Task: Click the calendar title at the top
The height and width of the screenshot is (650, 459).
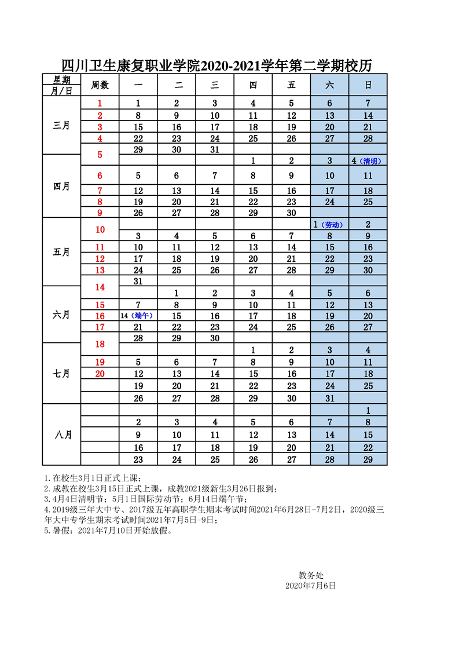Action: click(216, 65)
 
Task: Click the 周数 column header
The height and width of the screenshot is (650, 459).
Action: click(100, 85)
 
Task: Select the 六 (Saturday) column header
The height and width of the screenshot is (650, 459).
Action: click(329, 85)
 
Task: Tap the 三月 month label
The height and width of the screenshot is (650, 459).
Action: click(61, 125)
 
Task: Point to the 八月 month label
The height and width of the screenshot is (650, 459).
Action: click(61, 434)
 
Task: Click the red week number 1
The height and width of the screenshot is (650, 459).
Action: click(100, 104)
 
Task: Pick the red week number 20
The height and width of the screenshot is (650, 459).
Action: click(100, 374)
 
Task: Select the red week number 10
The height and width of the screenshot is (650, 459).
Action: click(100, 229)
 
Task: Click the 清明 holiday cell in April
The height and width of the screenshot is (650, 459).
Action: click(368, 161)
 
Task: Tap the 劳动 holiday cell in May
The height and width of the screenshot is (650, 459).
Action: click(329, 224)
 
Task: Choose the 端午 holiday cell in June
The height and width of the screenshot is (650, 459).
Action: click(138, 316)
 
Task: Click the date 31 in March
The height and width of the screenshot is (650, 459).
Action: click(215, 149)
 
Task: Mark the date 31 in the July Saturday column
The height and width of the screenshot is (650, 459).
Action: click(329, 398)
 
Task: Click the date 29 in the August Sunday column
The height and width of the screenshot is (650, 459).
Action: click(368, 459)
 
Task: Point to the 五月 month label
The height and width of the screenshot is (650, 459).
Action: click(61, 252)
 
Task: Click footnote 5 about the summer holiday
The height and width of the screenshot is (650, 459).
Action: click(108, 530)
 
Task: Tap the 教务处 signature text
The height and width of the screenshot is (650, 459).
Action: click(311, 575)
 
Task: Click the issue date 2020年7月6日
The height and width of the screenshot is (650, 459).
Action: click(311, 586)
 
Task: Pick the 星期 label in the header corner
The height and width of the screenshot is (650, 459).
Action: click(62, 80)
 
